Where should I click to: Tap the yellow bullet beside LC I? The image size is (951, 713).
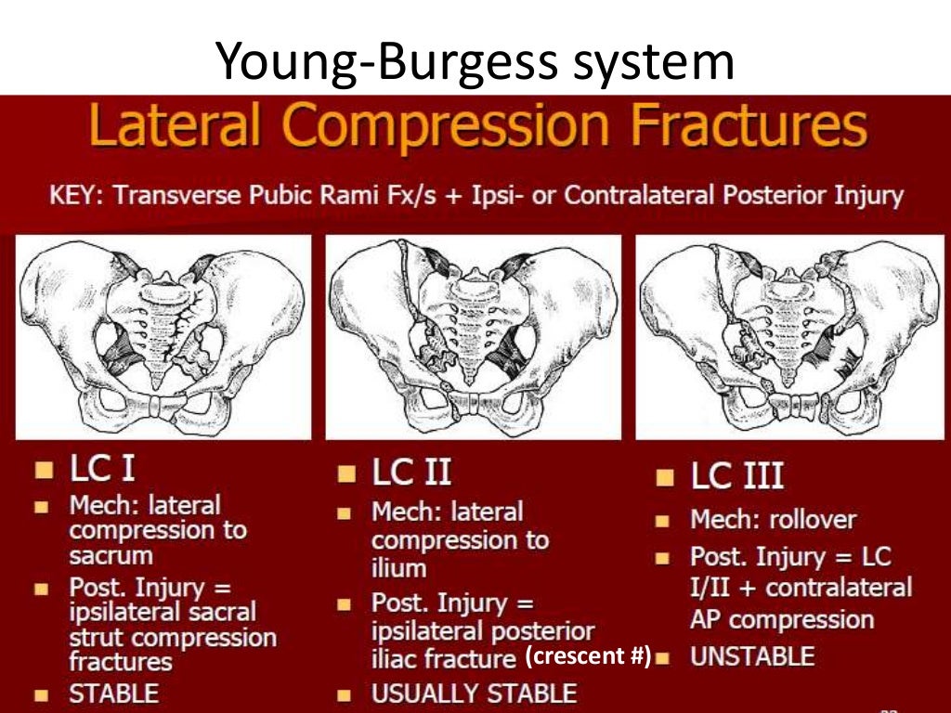click(43, 469)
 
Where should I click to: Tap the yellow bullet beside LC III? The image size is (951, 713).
click(663, 478)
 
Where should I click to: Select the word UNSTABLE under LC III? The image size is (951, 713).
click(751, 657)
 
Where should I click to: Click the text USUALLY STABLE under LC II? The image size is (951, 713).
click(474, 694)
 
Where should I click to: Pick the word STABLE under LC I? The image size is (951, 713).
click(114, 693)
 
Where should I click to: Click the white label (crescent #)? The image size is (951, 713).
click(588, 656)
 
